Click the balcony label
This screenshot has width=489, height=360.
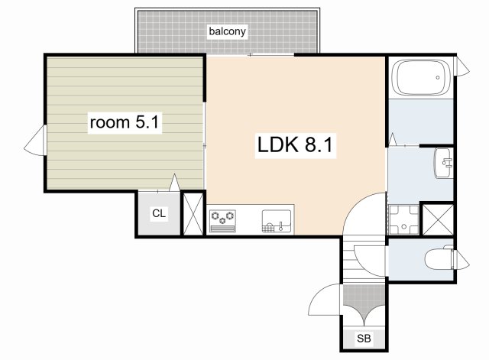227,31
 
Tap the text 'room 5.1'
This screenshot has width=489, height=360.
125,122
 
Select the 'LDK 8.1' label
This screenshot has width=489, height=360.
295,144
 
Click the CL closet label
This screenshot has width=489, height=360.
159,213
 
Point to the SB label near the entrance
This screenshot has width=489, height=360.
364,338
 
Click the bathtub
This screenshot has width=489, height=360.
421,78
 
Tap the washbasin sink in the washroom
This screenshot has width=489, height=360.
443,163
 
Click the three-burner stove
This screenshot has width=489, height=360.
222,221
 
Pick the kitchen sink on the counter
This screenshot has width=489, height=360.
277,221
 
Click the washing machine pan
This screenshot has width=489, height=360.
403,220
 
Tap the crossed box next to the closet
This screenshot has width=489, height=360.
193,214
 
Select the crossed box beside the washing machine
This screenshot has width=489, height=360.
438,219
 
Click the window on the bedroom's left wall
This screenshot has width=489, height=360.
36,140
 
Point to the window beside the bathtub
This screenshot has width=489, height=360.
461,66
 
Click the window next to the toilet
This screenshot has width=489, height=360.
460,260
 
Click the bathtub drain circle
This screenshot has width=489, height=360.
438,77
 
